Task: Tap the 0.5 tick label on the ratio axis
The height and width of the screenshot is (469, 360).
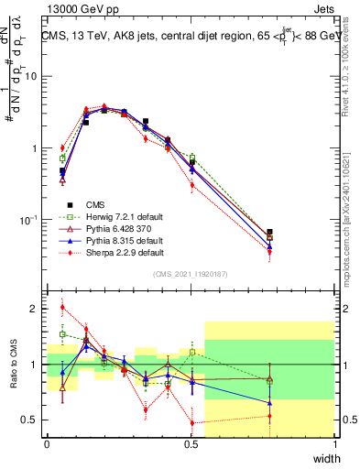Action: point(32,420)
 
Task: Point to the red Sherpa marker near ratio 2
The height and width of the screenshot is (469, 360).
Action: point(62,308)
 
